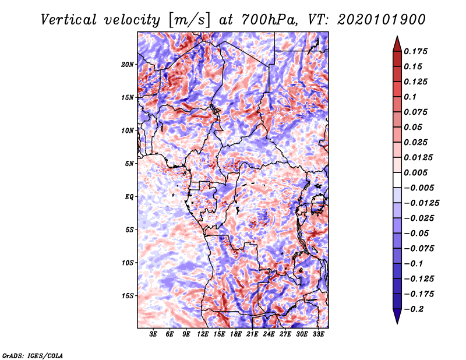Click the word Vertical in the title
click(68, 20)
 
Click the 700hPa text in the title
click(269, 20)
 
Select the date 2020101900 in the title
click(382, 20)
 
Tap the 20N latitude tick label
click(128, 65)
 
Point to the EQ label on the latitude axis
click(129, 197)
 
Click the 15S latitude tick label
click(128, 296)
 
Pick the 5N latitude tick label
click(129, 164)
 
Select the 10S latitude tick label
click(128, 263)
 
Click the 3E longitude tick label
click(153, 334)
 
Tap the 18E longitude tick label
click(236, 334)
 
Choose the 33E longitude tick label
click(318, 334)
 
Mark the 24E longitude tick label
click(269, 334)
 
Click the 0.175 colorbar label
click(415, 51)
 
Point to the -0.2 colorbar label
click(413, 309)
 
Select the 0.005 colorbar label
click(415, 172)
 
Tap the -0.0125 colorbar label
click(421, 203)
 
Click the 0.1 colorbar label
click(410, 97)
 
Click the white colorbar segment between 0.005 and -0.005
click(397, 180)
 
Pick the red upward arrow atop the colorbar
click(397, 44)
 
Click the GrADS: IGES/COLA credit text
click(33, 356)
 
